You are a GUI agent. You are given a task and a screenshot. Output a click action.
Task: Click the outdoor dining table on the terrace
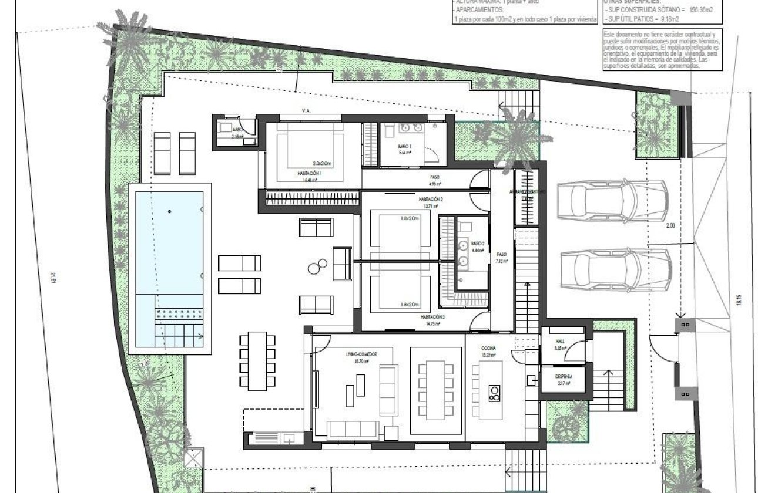[257, 360]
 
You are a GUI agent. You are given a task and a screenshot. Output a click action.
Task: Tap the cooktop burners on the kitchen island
[494, 392]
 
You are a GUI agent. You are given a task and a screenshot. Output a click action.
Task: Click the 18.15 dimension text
[739, 299]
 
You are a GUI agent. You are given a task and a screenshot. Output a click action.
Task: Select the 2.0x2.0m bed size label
[323, 163]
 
